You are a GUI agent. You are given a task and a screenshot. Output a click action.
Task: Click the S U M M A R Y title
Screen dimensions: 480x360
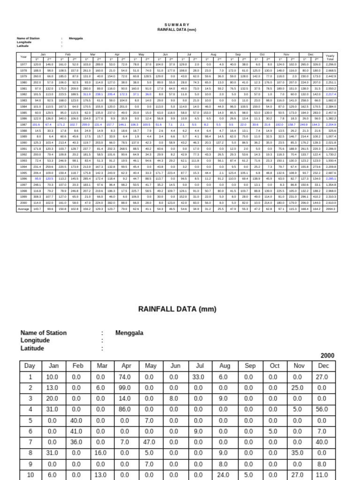click(x=177, y=25)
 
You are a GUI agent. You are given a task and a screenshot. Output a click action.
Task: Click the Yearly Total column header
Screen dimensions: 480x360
click(x=330, y=58)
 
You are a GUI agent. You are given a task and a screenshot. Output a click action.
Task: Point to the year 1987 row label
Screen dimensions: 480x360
click(x=23, y=125)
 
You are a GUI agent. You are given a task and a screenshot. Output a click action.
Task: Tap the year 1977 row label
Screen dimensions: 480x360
click(x=23, y=64)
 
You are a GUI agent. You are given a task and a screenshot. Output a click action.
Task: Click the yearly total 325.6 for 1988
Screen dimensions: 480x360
click(x=330, y=131)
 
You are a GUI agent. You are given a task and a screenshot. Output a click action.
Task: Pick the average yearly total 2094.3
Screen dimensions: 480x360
click(x=330, y=209)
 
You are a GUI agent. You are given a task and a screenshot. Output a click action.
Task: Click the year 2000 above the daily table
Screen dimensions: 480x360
click(x=327, y=356)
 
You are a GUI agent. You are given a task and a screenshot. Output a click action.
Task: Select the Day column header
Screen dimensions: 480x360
click(x=30, y=366)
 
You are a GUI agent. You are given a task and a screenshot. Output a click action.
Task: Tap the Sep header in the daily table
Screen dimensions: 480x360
click(x=250, y=366)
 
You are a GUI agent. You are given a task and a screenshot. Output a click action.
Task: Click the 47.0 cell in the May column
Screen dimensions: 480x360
click(x=149, y=442)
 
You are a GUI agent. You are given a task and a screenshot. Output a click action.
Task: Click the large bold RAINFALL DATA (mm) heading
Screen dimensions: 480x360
click(x=177, y=309)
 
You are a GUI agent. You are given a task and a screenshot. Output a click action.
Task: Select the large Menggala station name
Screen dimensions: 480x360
click(x=129, y=333)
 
